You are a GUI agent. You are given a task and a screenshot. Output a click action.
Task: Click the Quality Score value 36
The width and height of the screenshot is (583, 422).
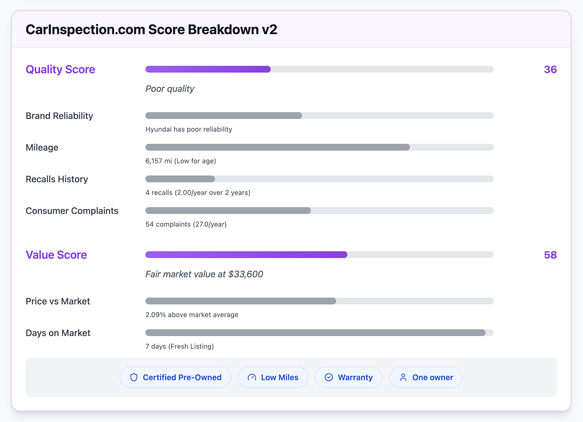point(550,69)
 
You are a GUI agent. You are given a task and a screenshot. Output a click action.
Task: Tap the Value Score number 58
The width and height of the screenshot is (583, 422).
point(550,255)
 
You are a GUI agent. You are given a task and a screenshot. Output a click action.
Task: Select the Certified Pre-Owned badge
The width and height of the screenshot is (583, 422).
point(175,377)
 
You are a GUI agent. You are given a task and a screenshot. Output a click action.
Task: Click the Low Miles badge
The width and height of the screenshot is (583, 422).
point(273,377)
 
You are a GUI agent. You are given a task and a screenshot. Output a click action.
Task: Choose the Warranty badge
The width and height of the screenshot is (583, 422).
point(348,377)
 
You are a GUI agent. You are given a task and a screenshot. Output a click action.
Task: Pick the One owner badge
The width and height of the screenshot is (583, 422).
point(426,377)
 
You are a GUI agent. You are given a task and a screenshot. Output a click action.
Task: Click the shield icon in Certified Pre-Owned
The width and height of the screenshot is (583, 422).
point(134,377)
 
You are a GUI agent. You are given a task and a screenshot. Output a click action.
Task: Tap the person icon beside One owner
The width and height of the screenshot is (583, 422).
point(403,377)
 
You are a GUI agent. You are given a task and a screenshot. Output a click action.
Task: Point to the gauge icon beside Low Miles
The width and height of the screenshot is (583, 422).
point(252,377)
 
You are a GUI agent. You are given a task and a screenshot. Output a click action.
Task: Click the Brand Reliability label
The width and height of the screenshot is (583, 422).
point(59,116)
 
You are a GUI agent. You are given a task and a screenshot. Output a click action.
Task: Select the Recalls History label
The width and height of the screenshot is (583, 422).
point(57,179)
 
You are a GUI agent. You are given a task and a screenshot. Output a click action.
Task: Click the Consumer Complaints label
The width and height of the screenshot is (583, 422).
point(72,211)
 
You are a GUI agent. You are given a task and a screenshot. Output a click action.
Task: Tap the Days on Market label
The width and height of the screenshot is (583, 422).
point(58,333)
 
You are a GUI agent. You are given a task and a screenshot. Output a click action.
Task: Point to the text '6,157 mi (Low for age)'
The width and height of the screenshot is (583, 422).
point(181,161)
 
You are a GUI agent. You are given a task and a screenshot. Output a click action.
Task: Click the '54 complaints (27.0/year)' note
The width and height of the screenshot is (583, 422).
point(186,224)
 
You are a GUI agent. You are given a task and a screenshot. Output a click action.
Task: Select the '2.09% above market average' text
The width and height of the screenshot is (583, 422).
point(192,315)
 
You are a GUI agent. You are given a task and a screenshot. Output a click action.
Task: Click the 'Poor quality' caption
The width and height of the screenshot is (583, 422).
point(170,89)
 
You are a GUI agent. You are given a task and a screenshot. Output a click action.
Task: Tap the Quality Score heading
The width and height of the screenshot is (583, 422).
point(60,69)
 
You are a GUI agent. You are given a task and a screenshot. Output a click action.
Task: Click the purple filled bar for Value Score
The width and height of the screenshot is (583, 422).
point(246,255)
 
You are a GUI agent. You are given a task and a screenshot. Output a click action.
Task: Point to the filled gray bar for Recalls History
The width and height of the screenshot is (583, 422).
point(180,179)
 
